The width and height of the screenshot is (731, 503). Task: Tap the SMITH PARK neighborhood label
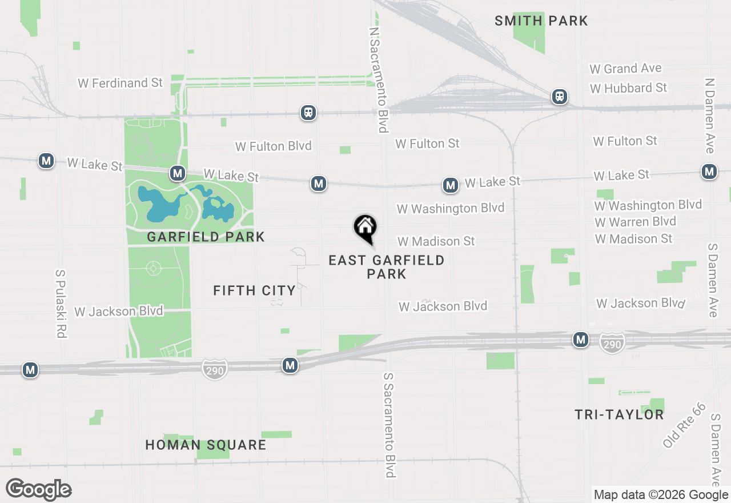coord(541,21)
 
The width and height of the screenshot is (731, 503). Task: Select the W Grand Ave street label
coord(625,69)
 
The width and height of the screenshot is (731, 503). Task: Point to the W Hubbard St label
coord(628,88)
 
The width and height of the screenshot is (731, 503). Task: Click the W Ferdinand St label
coord(120,83)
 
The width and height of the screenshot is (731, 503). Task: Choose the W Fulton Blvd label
coord(274,146)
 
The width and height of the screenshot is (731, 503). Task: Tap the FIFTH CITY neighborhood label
coord(254,290)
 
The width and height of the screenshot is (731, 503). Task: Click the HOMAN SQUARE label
coord(206,445)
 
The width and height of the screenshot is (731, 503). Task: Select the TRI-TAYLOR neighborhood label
coord(619,414)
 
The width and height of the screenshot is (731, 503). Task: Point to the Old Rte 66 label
coord(684,426)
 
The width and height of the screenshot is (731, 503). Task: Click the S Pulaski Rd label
coord(61,304)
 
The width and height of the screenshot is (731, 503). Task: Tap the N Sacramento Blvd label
coord(379,80)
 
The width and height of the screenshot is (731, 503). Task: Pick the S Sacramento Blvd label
coord(389,425)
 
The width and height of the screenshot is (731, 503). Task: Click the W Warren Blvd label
coord(635,222)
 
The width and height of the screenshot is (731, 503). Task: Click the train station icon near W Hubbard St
coord(560,97)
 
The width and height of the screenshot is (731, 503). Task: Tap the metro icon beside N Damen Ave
coord(709,171)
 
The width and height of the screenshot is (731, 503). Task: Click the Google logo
coord(38,489)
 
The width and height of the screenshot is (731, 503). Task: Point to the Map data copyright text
coord(661,495)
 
